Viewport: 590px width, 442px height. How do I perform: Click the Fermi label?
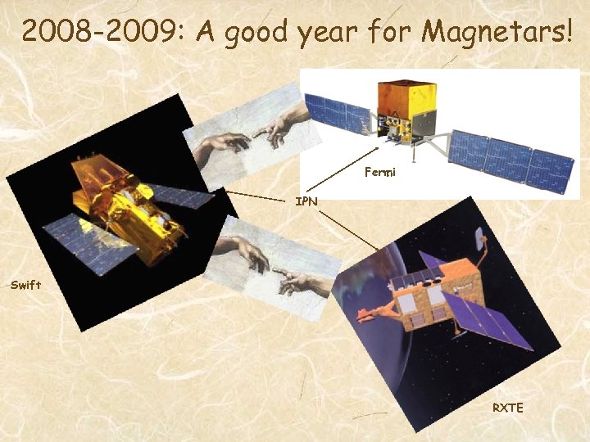tap(379, 173)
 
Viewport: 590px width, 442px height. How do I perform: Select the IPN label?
tap(306, 200)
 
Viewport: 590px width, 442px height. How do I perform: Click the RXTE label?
tap(506, 407)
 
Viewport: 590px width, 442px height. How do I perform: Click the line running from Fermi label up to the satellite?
tap(375, 152)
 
